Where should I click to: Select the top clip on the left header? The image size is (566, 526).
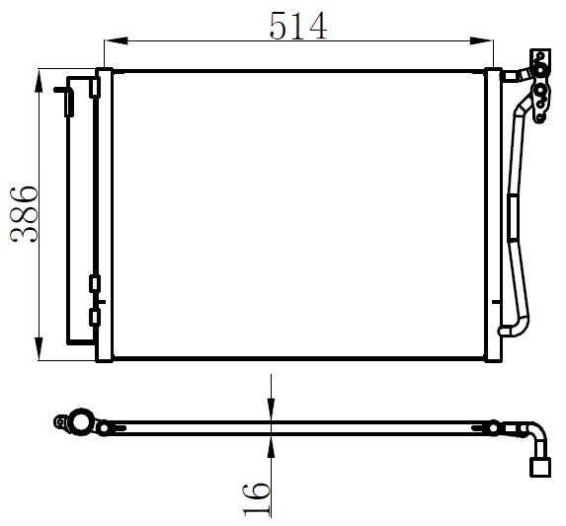click(x=94, y=88)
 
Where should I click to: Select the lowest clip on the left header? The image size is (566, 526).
click(x=94, y=317)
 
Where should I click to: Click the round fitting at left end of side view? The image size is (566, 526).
click(x=77, y=423)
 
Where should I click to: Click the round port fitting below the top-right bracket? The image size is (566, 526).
click(x=540, y=95)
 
